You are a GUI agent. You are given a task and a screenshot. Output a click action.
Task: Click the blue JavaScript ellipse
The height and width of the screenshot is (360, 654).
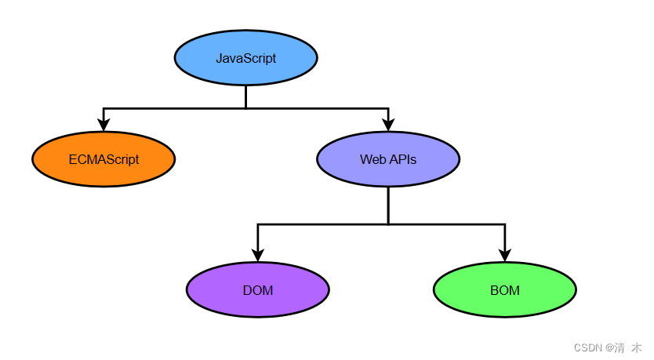tap(245, 58)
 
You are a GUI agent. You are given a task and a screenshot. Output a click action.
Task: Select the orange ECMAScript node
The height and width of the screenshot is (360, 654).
tap(104, 159)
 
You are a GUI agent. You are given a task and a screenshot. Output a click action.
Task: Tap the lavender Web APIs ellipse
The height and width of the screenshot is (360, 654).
tap(388, 159)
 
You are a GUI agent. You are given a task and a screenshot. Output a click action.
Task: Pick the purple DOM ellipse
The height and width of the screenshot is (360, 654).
tap(257, 290)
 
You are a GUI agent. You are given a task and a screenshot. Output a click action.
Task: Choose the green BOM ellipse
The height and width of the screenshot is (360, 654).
tap(504, 290)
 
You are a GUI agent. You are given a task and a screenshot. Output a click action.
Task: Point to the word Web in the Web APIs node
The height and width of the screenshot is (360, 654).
tap(372, 159)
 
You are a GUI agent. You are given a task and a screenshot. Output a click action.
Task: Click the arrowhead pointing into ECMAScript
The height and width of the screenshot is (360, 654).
tap(104, 124)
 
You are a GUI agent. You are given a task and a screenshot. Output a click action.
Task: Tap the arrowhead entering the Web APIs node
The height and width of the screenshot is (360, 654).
tap(388, 124)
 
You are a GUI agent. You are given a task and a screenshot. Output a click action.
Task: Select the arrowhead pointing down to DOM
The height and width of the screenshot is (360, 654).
tap(257, 255)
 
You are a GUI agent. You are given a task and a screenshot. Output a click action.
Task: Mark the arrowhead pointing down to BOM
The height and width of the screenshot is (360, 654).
tap(504, 255)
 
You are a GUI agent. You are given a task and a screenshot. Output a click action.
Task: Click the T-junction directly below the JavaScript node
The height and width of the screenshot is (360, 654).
tap(245, 107)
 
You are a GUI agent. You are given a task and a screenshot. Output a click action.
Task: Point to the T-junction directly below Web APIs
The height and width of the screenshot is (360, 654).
tap(388, 224)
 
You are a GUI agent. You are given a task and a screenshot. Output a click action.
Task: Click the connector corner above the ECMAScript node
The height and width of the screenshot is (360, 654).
tap(104, 107)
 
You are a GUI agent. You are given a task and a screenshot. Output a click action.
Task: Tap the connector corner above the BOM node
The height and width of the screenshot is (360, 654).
tap(504, 224)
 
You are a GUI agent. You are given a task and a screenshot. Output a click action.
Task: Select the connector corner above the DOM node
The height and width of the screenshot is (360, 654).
tap(257, 224)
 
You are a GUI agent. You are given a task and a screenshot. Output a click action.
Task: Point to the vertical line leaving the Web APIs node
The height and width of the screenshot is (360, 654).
tap(388, 205)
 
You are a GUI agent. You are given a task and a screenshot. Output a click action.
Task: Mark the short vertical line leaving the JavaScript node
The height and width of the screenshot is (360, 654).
tap(245, 96)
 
